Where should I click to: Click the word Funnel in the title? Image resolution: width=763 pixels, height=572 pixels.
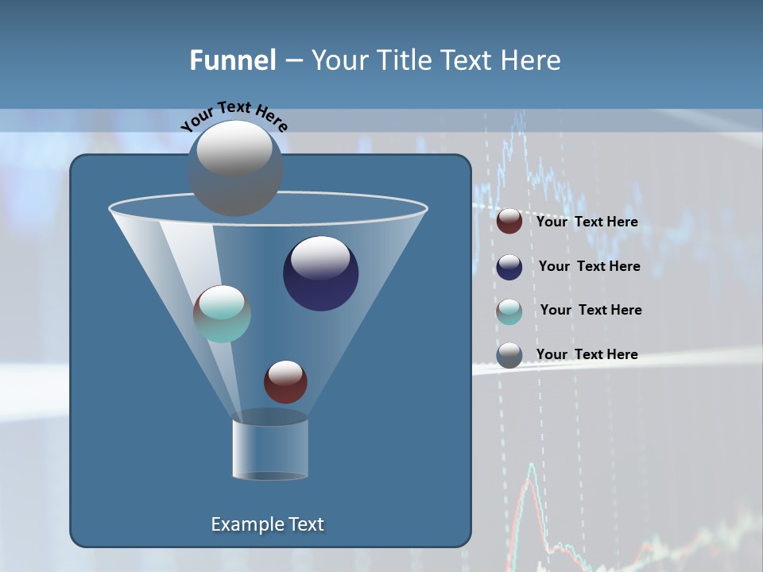(x=232, y=60)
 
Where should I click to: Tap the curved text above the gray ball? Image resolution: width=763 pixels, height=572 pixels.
(x=234, y=115)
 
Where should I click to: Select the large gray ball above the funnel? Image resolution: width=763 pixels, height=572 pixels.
(x=235, y=168)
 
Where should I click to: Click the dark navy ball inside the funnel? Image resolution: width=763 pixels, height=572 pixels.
(x=320, y=273)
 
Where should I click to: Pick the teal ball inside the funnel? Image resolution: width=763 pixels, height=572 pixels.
(x=223, y=313)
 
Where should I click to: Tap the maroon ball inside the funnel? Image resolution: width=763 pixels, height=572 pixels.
(x=285, y=381)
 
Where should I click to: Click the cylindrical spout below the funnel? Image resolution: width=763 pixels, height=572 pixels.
(x=270, y=449)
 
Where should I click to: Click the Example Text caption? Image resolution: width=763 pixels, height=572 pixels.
(x=267, y=524)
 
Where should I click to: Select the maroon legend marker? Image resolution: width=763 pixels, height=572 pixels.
(x=509, y=222)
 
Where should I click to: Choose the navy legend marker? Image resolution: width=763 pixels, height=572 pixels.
(x=509, y=267)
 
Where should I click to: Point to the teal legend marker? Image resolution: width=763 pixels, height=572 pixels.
(x=509, y=311)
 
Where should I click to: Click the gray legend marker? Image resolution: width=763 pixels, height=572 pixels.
(x=509, y=355)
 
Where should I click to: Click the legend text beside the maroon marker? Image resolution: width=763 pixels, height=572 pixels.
(x=587, y=222)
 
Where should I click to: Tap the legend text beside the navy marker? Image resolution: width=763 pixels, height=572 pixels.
(x=589, y=267)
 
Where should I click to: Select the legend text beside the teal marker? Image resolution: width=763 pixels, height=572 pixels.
(x=591, y=311)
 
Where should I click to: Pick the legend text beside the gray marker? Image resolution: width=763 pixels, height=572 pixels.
(x=587, y=354)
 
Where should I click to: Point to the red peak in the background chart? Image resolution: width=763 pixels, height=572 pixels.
(x=530, y=469)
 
